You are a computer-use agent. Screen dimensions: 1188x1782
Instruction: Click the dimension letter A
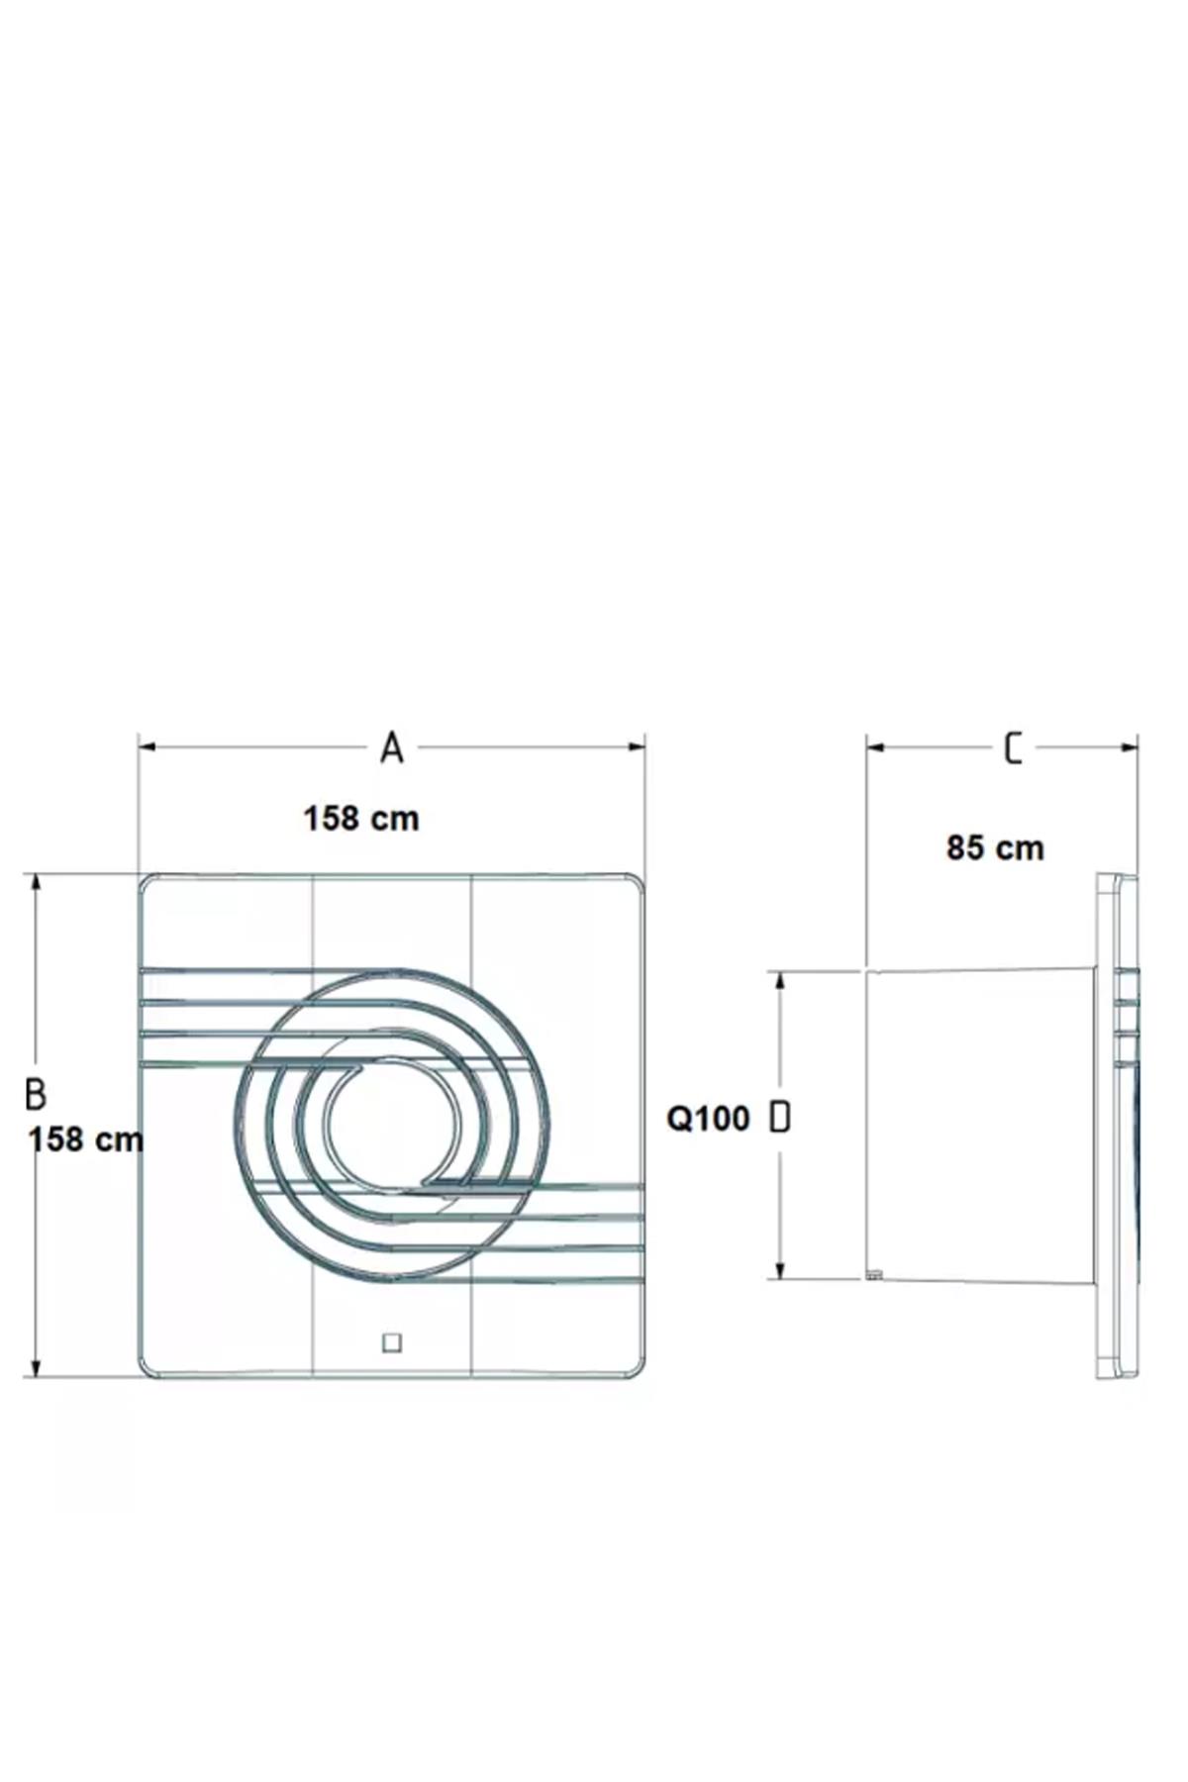click(392, 748)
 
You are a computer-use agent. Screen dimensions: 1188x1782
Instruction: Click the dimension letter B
click(36, 1094)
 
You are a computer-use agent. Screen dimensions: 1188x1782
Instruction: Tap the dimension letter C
click(1013, 748)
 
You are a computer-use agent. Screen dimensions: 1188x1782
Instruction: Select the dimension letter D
click(780, 1118)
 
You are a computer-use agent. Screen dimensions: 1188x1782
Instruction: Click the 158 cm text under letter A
click(361, 819)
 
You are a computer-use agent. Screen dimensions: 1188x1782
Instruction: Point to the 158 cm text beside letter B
click(86, 1139)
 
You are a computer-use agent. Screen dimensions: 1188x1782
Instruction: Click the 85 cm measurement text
click(995, 848)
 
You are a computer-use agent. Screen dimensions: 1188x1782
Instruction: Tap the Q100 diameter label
click(709, 1119)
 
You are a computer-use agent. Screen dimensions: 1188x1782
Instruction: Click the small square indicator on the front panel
click(392, 1343)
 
